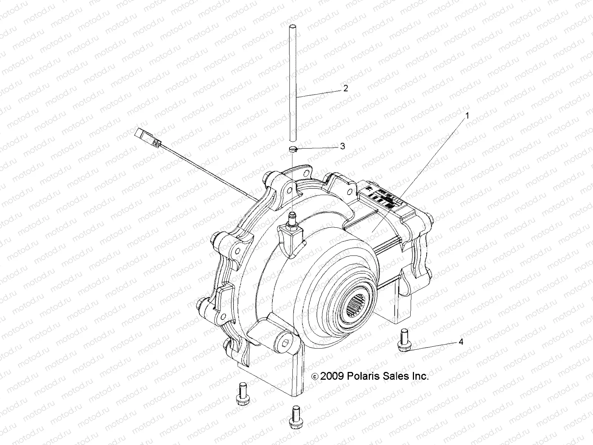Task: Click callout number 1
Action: [467, 116]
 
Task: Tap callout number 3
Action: [342, 146]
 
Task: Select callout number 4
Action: [461, 342]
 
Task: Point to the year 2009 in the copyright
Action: [332, 376]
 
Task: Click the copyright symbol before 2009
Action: [315, 377]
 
